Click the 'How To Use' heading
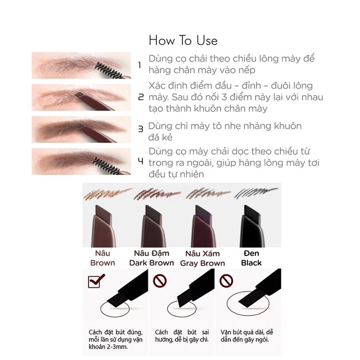(x=183, y=41)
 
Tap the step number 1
(x=140, y=65)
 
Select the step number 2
(x=140, y=97)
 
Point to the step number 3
(x=140, y=129)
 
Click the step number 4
(x=140, y=161)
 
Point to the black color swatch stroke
(x=256, y=193)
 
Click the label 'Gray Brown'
(x=202, y=263)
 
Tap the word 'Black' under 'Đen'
(x=252, y=263)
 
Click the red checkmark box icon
(x=96, y=280)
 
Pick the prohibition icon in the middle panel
(x=160, y=281)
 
